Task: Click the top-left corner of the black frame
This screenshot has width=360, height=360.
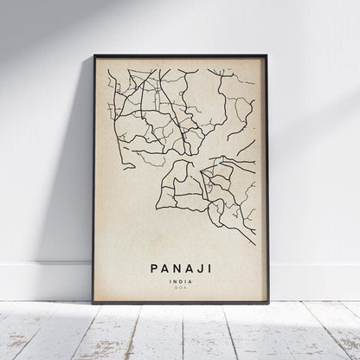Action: coord(93,55)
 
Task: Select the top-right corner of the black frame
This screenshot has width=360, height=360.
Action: coord(267,55)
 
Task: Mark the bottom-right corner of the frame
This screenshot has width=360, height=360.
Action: coord(267,303)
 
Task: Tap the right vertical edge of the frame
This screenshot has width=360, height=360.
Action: coord(267,173)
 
